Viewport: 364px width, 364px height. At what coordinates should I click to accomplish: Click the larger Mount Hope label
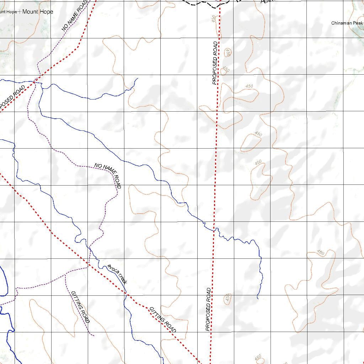pyautogui.click(x=38, y=12)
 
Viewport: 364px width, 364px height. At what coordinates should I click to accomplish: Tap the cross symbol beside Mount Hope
pyautogui.click(x=19, y=12)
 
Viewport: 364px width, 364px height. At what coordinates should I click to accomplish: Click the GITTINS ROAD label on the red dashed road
pyautogui.click(x=163, y=320)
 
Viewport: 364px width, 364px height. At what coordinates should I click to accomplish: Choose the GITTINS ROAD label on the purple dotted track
pyautogui.click(x=80, y=307)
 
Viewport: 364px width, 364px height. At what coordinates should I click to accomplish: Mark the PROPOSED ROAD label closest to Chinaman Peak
pyautogui.click(x=215, y=63)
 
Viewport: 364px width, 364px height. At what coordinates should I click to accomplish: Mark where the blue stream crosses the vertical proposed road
pyautogui.click(x=214, y=230)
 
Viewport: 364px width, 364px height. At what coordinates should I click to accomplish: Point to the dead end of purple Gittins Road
pyautogui.click(x=93, y=335)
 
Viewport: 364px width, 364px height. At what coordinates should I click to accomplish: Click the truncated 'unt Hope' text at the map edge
pyautogui.click(x=8, y=12)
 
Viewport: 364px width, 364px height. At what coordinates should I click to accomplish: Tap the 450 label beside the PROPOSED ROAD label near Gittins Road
pyautogui.click(x=227, y=298)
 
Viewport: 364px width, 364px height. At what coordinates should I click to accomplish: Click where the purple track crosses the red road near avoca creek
pyautogui.click(x=89, y=263)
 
